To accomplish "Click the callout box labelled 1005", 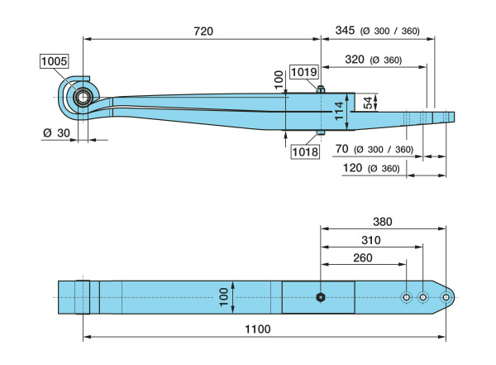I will (x=54, y=60).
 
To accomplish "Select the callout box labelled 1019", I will (x=303, y=73).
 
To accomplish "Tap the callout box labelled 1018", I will (x=303, y=151).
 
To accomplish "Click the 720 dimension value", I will (x=203, y=31).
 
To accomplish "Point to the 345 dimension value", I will (x=346, y=31).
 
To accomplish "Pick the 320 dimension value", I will (x=354, y=60).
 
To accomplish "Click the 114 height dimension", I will (x=338, y=110).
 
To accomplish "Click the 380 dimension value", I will (x=383, y=222).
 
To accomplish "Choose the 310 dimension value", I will (x=372, y=240).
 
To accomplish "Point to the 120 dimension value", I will (x=352, y=168).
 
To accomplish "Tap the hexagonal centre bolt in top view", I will (x=321, y=297).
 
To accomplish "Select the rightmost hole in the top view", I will (x=447, y=297).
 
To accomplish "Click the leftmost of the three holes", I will (x=407, y=297).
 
